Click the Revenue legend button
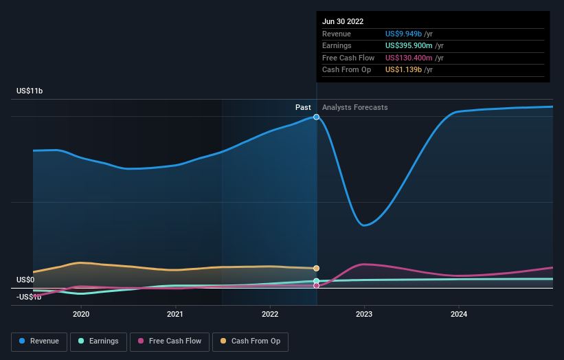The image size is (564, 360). [39, 341]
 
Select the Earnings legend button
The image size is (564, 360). [98, 341]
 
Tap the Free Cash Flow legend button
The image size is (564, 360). [168, 341]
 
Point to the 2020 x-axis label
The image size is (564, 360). [81, 314]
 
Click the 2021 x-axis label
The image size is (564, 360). [175, 314]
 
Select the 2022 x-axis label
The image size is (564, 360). [270, 314]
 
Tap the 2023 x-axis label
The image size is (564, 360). [364, 314]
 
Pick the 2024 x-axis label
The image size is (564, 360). [459, 314]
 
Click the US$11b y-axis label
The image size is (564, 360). [30, 91]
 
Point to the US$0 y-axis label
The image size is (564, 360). [25, 280]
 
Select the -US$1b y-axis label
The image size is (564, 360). [29, 297]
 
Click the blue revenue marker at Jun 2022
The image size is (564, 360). [317, 117]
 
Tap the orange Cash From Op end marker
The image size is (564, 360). [317, 268]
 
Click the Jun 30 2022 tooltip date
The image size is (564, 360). [343, 21]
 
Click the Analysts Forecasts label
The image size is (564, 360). [354, 107]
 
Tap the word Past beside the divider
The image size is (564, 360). [303, 107]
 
